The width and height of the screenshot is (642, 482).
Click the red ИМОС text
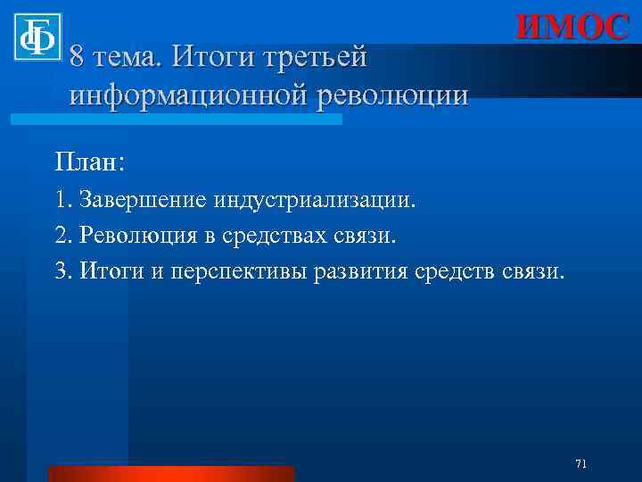[x=571, y=28]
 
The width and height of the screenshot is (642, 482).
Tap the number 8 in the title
[x=78, y=57]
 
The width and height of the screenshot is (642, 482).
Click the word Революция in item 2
[x=136, y=235]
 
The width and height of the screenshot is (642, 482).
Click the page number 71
[x=580, y=463]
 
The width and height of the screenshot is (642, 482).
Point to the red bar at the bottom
[x=170, y=473]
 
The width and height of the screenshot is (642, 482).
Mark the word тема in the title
[x=128, y=57]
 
